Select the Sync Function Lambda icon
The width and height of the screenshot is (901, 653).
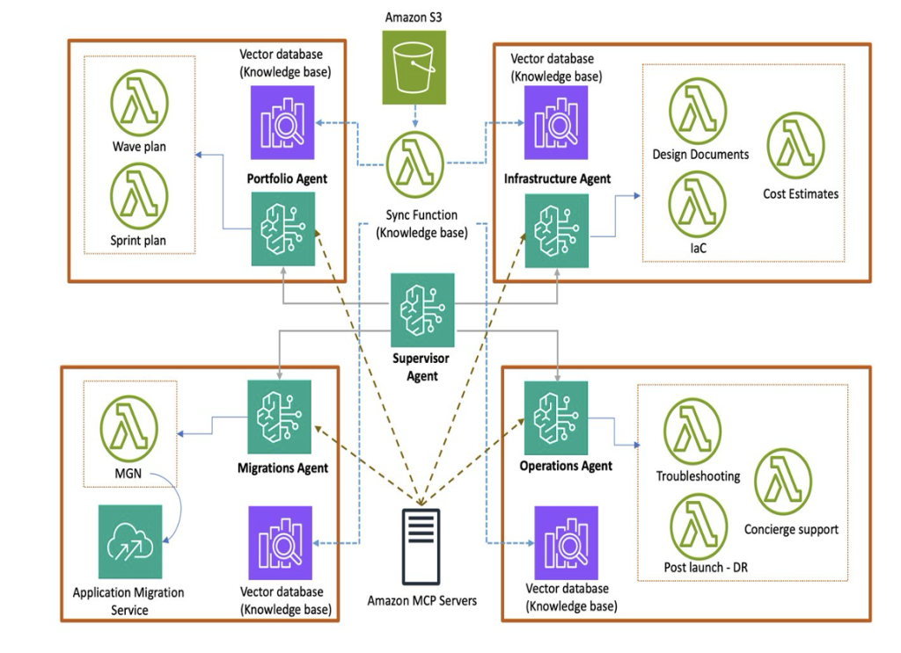pos(414,164)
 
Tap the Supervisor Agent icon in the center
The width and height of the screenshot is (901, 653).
pos(422,310)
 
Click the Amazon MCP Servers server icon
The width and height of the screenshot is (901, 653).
pos(422,545)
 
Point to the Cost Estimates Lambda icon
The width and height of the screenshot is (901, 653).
pos(795,145)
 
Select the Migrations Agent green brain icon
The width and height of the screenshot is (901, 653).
pos(280,417)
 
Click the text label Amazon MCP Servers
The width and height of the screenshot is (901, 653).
pos(422,601)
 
